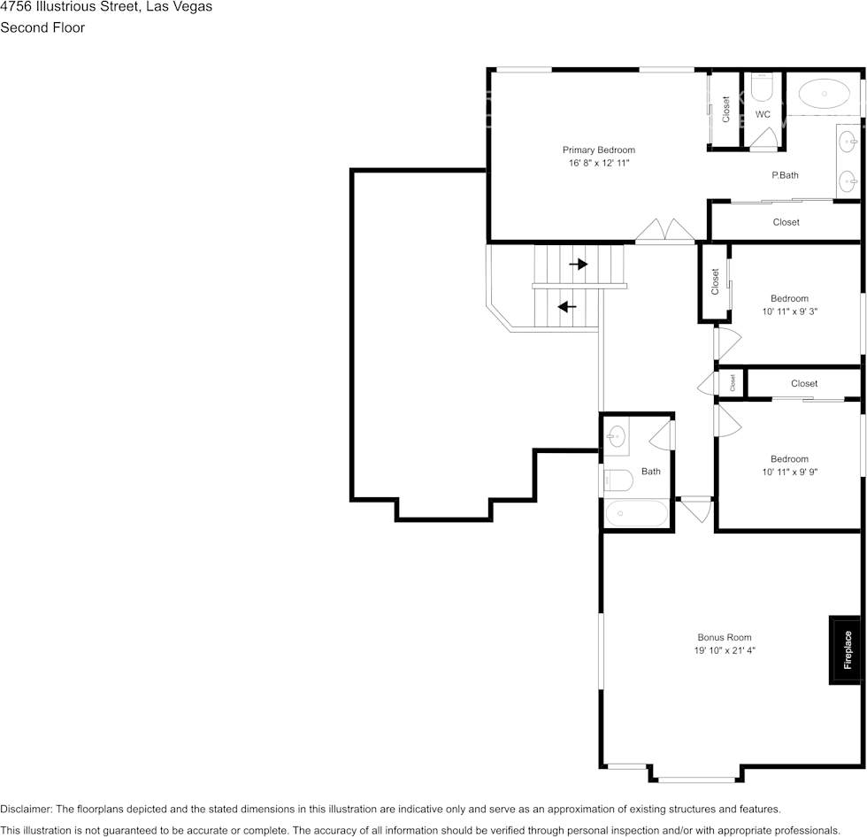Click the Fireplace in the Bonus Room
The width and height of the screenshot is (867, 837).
[846, 649]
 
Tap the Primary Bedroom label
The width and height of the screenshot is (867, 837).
[599, 150]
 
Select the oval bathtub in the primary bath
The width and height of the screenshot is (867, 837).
[824, 94]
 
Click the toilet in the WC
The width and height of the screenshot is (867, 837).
[762, 88]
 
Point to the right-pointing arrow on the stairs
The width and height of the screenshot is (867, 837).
[579, 265]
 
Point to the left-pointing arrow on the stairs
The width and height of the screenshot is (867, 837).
[567, 306]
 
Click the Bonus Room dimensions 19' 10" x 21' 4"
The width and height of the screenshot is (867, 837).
[725, 650]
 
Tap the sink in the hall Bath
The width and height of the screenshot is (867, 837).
[616, 437]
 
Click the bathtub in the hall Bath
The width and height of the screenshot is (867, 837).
[636, 513]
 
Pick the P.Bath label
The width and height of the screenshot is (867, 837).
[786, 175]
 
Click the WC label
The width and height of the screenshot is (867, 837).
[763, 114]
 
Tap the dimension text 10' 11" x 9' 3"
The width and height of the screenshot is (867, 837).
[789, 311]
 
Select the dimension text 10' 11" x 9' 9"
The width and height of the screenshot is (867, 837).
[789, 472]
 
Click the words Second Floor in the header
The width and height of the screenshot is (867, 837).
[42, 27]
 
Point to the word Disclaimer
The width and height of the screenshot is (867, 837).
[26, 810]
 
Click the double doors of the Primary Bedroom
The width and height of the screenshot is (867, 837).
[664, 230]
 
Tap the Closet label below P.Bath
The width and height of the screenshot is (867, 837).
[786, 222]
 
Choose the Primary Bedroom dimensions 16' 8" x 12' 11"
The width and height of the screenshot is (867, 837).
[600, 163]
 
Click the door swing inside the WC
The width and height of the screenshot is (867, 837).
[763, 138]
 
